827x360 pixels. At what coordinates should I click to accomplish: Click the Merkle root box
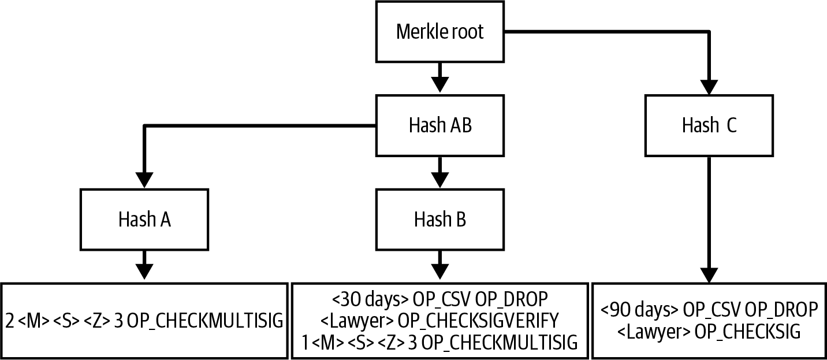(439, 32)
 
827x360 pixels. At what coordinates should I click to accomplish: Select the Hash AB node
(439, 125)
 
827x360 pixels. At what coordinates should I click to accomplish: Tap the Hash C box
(709, 125)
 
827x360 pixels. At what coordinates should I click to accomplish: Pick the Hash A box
(145, 220)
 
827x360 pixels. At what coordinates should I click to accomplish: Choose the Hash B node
(439, 220)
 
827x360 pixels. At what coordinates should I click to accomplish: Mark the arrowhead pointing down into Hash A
(145, 179)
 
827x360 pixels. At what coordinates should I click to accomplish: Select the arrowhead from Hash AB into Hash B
(439, 179)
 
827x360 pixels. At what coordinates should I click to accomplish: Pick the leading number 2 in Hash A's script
(11, 321)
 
